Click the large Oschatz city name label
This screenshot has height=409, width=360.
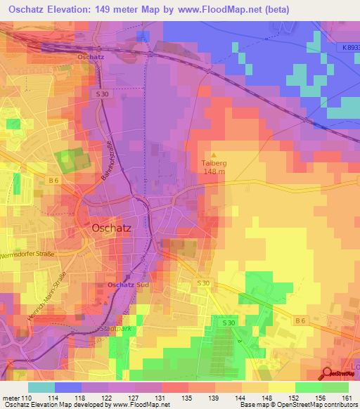click(x=112, y=228)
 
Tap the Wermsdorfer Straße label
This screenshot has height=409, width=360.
click(x=28, y=254)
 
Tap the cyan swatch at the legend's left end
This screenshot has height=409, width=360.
click(x=41, y=387)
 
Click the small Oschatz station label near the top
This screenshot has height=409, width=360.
click(x=91, y=56)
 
